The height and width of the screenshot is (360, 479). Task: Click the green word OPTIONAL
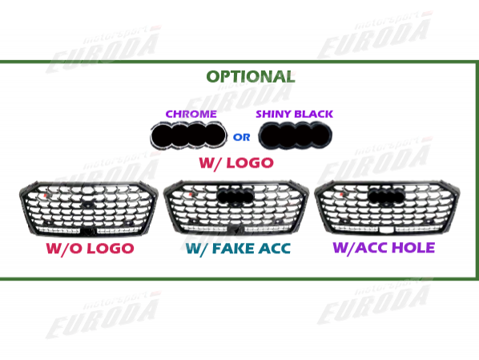251,76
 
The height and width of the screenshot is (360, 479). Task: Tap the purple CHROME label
191,114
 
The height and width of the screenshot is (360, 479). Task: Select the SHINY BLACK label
294,114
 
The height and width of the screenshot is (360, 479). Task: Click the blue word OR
241,137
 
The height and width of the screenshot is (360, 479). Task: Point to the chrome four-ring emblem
188,136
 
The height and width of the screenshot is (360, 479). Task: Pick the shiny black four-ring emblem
295,136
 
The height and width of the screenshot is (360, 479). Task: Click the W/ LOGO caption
236,163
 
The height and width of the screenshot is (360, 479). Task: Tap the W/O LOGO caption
90,249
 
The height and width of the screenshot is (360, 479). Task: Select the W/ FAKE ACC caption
238,249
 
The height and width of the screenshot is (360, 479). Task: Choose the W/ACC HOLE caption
384,248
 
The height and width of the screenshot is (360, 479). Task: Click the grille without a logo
89,208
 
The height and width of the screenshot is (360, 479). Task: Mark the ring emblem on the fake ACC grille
235,195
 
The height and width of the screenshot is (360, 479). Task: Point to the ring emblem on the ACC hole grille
386,195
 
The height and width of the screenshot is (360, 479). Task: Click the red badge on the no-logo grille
45,195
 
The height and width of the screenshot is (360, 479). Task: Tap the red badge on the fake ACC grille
191,195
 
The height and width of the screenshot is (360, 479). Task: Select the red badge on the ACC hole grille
341,195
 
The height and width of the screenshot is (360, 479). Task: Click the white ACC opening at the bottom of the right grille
386,229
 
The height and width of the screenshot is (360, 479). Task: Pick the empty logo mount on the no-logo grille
88,205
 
